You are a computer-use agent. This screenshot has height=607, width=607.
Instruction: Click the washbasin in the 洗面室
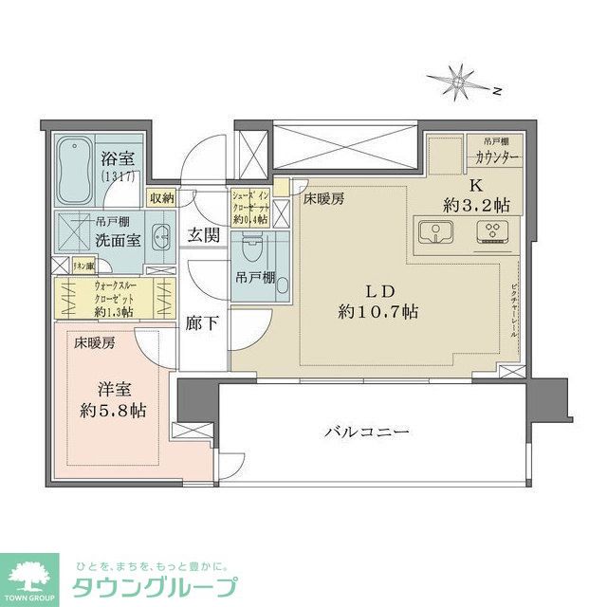pos(159,238)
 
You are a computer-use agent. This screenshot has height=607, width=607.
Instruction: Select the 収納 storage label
pos(161,198)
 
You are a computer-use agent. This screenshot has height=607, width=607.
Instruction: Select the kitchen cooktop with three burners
pos(493,232)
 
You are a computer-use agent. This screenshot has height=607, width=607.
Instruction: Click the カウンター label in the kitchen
pos(493,157)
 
